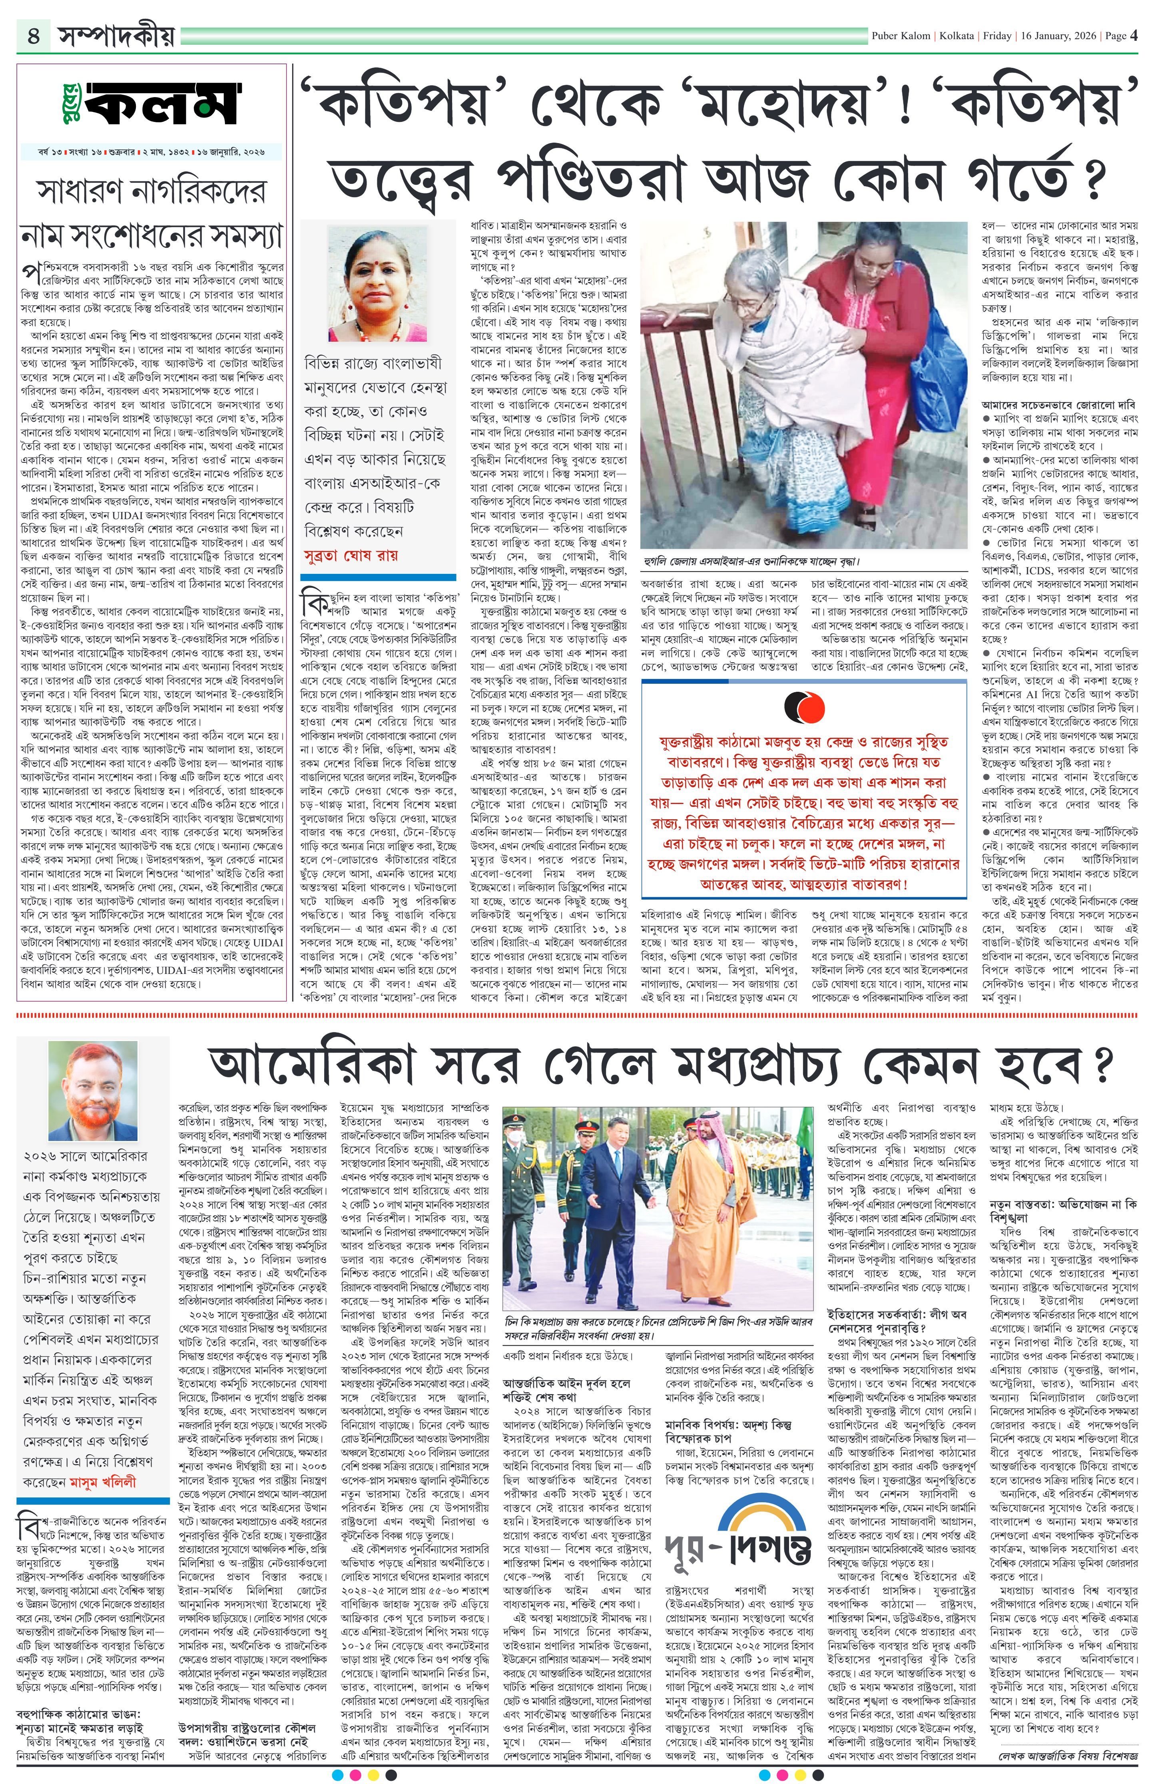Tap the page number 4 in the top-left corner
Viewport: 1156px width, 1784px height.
33,35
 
